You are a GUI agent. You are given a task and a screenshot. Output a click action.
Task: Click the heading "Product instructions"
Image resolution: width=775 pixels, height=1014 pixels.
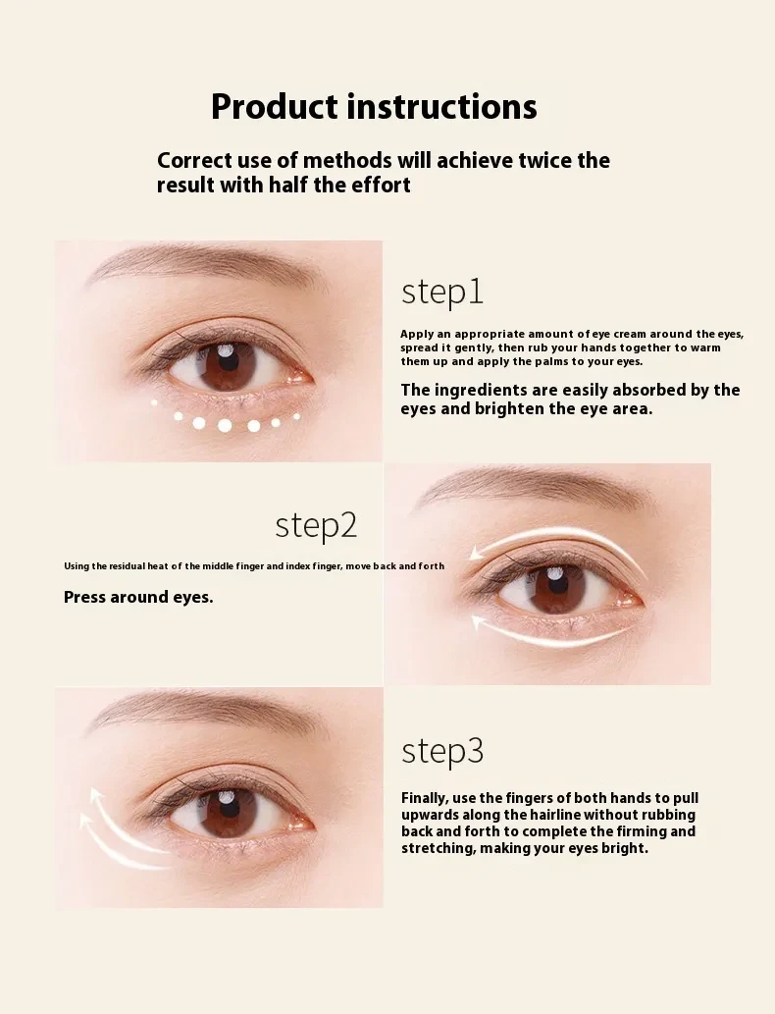pos(374,106)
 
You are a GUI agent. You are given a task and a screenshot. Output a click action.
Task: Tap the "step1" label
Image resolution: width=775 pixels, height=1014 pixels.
pos(442,293)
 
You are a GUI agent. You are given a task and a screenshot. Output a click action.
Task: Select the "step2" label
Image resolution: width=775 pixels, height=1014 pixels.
pos(316,525)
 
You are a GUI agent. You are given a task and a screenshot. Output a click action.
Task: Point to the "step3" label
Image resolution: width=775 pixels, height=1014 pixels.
pos(442,751)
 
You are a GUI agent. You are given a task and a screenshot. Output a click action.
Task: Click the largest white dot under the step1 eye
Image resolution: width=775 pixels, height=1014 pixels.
pos(225,425)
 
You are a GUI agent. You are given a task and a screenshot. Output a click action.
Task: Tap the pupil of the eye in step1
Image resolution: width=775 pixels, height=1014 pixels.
pos(230,362)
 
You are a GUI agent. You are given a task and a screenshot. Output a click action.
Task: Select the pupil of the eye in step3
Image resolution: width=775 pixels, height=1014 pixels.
pos(230,811)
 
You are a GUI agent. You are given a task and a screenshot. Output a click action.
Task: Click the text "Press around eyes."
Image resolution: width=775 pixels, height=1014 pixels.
pos(138,597)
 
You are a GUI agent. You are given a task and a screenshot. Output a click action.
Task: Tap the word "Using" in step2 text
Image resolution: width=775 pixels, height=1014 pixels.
pos(77,566)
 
